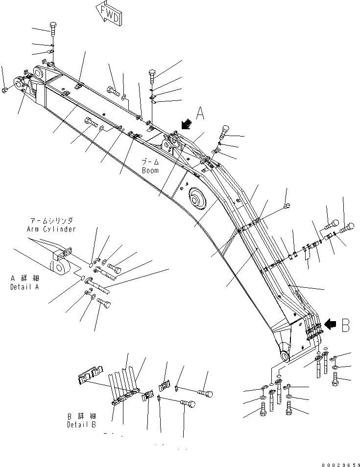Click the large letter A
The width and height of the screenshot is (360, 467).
199,114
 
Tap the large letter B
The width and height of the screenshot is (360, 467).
345,325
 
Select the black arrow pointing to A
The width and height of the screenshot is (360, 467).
186,125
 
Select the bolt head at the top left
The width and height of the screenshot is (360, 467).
53,26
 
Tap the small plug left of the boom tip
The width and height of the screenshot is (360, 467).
4,90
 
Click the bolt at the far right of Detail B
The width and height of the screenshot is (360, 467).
206,392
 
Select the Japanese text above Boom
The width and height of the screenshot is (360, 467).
150,162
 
